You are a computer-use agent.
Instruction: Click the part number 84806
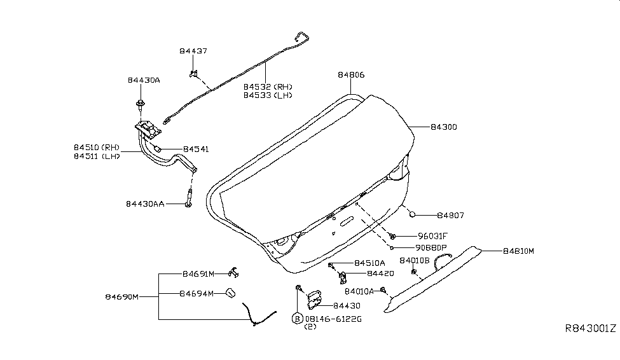click(x=351, y=75)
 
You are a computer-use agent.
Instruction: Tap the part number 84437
click(x=193, y=50)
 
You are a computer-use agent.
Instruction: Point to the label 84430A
click(x=144, y=80)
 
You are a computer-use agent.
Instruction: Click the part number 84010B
click(x=415, y=261)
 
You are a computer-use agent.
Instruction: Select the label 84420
click(x=380, y=273)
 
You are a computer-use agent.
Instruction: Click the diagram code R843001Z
click(x=590, y=329)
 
